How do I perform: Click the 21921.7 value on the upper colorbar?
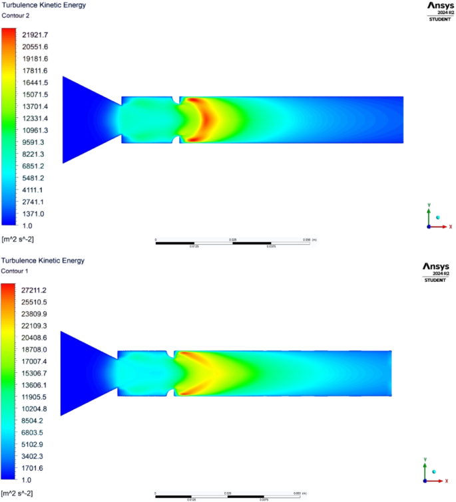(35, 35)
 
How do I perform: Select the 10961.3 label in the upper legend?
(35, 130)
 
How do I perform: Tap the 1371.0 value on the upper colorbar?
(33, 214)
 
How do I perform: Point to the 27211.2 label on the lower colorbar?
(35, 291)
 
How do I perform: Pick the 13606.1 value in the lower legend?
(35, 385)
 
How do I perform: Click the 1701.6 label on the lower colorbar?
(33, 468)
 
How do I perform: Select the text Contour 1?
(17, 271)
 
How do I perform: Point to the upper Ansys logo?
(437, 6)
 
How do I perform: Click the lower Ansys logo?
(437, 267)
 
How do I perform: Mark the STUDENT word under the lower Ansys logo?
(437, 281)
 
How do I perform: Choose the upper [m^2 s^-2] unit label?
(17, 238)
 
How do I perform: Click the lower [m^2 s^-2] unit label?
(17, 493)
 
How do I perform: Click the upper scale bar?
(232, 243)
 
